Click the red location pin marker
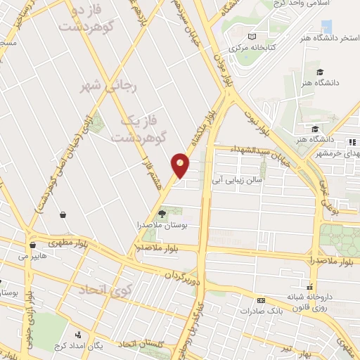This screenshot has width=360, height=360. pos(180,165)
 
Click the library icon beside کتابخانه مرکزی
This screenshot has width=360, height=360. pos(253,36)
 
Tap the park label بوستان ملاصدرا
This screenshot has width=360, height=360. pos(163,225)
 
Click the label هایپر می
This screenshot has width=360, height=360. pos(32,256)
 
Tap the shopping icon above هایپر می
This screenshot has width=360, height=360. pos(32,245)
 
